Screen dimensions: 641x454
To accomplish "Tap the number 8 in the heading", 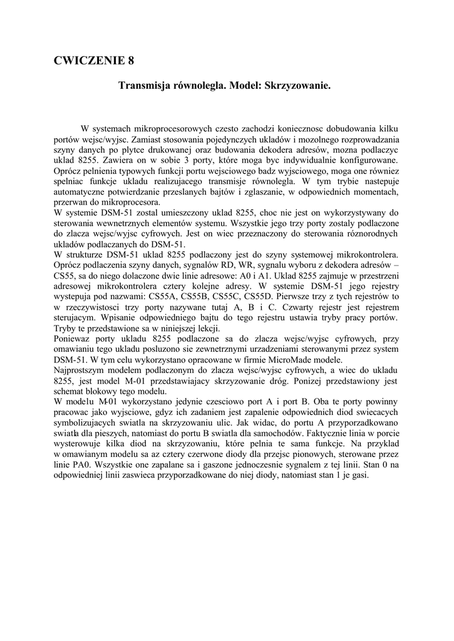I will (131, 61).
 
